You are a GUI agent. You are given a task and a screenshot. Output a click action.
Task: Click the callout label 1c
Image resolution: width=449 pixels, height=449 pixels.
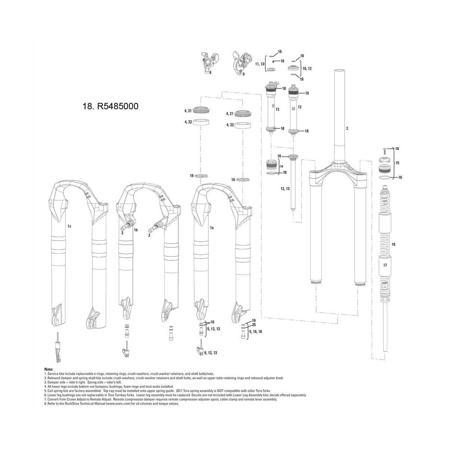click(x=70, y=226)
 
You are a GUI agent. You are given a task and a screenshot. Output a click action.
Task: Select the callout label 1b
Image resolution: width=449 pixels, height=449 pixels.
click(x=136, y=230)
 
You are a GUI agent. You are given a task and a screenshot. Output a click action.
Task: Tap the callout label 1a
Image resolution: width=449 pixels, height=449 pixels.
click(x=211, y=227)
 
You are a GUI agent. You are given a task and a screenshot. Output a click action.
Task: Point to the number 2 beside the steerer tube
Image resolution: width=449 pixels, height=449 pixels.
click(x=347, y=128)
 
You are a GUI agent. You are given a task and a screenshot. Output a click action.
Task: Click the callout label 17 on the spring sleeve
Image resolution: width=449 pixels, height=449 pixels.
click(x=385, y=265)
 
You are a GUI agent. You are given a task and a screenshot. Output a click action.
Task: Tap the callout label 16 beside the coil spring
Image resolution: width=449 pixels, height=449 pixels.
click(x=393, y=244)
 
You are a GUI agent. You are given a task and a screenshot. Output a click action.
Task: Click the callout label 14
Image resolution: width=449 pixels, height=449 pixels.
click(x=281, y=166)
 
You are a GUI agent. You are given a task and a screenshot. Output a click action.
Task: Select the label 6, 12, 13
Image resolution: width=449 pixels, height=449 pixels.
click(x=210, y=352)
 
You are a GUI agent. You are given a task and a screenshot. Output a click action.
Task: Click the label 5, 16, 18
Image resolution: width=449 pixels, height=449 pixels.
click(x=254, y=332)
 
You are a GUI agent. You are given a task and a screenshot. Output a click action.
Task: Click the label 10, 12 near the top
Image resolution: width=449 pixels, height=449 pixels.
click(x=307, y=68)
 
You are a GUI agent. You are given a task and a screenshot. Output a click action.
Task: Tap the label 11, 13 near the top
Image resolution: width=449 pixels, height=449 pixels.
click(x=260, y=64)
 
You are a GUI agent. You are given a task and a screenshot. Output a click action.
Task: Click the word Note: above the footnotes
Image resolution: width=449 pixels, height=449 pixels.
click(x=49, y=369)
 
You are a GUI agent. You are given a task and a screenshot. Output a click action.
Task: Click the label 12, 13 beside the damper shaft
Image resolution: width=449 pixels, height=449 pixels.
click(x=285, y=189)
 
